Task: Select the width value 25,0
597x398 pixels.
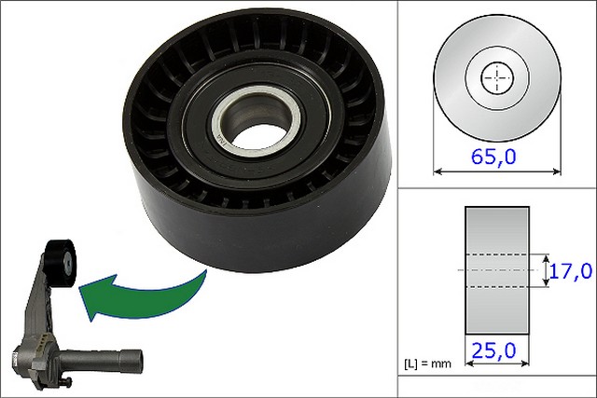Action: [497, 351]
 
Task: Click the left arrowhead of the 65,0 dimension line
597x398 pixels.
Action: [439, 172]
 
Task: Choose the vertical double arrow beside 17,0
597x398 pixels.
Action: [545, 270]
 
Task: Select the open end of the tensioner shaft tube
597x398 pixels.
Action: [137, 358]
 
